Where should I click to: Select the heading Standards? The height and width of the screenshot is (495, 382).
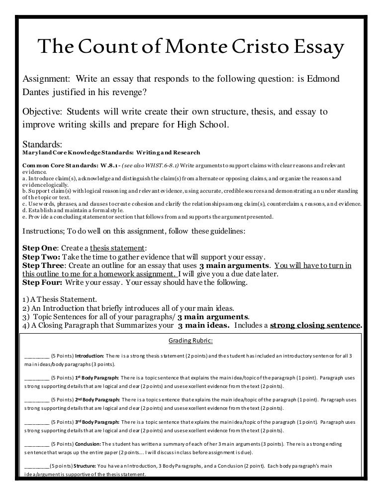[42, 144]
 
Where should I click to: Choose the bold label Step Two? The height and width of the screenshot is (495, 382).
[41, 257]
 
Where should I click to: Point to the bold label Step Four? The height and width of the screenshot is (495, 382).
[43, 283]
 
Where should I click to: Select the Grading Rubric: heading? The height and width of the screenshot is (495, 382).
[191, 341]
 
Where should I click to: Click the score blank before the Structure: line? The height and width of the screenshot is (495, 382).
[36, 465]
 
